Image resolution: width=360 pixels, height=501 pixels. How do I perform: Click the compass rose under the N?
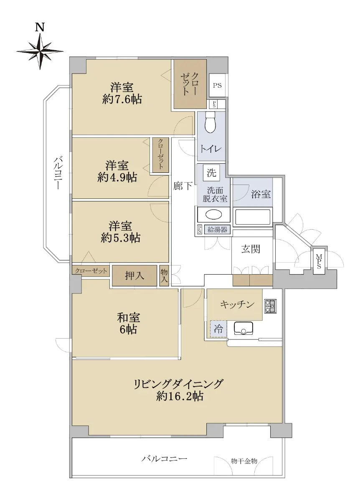click(x=40, y=51)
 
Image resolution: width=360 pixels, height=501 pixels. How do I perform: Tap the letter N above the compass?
click(x=40, y=27)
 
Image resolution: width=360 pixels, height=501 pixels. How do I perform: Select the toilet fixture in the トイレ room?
click(x=210, y=123)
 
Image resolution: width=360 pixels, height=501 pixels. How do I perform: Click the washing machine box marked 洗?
click(x=211, y=173)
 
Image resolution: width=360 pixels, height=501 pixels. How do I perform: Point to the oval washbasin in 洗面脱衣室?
click(x=214, y=215)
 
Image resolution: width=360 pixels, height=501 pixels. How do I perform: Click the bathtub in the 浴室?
click(x=252, y=217)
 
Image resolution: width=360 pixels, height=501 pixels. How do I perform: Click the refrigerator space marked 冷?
click(x=218, y=329)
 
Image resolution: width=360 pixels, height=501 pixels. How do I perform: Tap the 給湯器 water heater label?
click(x=217, y=230)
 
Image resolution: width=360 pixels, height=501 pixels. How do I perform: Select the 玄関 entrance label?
click(x=251, y=249)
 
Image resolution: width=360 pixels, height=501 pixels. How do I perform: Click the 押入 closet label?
click(x=134, y=276)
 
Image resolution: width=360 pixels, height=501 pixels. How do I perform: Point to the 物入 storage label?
click(x=164, y=276)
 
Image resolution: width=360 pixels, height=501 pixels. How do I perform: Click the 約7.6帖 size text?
click(x=122, y=99)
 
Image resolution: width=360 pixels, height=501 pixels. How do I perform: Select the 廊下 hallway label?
click(x=183, y=186)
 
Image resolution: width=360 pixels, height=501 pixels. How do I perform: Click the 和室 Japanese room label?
click(x=129, y=318)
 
